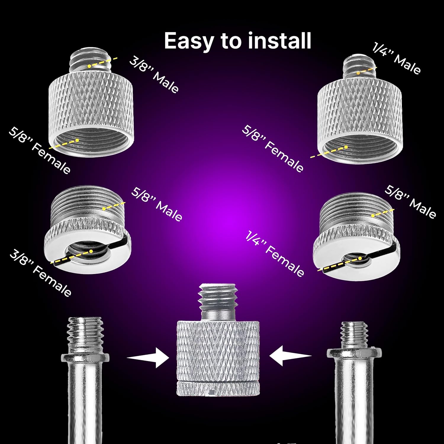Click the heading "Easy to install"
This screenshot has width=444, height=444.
237,41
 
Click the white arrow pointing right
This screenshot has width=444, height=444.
148,358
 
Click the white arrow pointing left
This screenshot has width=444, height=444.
290,355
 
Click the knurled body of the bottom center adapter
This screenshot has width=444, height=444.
218,358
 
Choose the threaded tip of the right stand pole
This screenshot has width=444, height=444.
354,335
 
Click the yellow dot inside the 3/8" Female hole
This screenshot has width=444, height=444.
91,251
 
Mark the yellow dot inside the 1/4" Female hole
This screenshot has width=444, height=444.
360,258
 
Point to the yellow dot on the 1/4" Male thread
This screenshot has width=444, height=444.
358,73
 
